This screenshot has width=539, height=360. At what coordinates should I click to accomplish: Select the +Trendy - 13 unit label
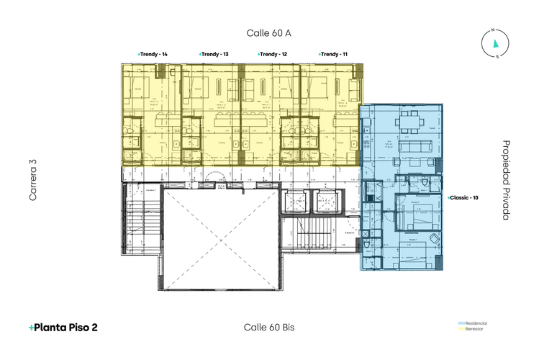pyautogui.click(x=214, y=55)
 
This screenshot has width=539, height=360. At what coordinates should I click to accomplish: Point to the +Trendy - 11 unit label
pyautogui.click(x=333, y=55)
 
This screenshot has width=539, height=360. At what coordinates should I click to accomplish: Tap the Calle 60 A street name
pyautogui.click(x=268, y=33)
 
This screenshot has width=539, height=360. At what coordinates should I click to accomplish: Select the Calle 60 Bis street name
pyautogui.click(x=268, y=327)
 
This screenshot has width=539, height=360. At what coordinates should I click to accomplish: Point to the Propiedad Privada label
pyautogui.click(x=506, y=180)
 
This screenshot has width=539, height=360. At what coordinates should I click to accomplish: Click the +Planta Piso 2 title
pyautogui.click(x=63, y=327)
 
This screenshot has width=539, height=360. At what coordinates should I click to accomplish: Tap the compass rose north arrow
pyautogui.click(x=495, y=42)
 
